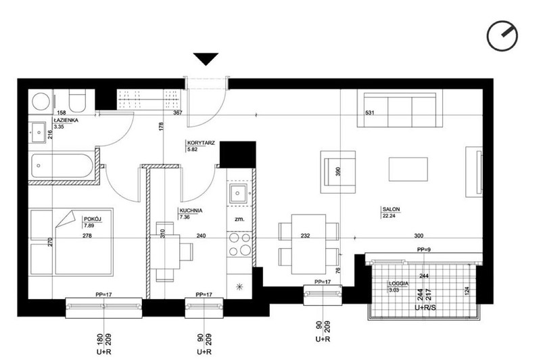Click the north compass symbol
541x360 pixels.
502,36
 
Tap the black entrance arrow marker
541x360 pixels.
206,59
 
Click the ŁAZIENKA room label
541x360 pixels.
66,120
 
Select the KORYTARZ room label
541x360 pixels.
201,143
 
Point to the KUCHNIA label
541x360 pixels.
191,210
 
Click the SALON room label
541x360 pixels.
391,209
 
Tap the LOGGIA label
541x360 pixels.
398,284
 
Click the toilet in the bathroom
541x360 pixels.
77,101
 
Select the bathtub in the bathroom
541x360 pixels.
62,166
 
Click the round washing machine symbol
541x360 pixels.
41,101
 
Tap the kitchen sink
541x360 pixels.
238,194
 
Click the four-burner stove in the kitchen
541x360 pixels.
240,244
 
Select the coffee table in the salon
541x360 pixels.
408,168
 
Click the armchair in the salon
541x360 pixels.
337,172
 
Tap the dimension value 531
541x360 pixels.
369,112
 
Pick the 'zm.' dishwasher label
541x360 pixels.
239,219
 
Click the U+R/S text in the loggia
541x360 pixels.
425,307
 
